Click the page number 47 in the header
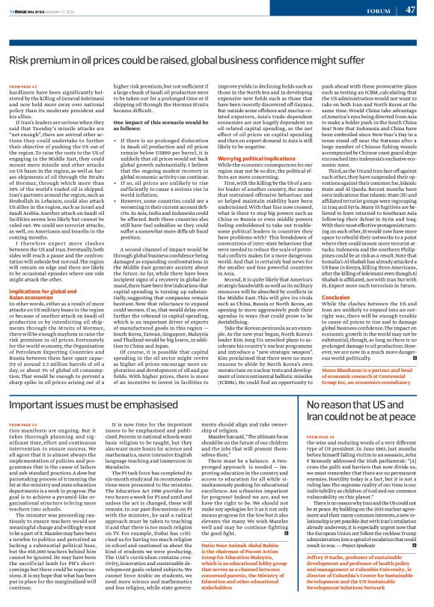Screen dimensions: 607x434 click(410, 10)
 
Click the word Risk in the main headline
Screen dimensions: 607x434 click(22, 58)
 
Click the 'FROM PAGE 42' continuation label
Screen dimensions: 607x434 click(23, 88)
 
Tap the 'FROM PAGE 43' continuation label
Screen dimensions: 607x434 click(23, 424)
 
